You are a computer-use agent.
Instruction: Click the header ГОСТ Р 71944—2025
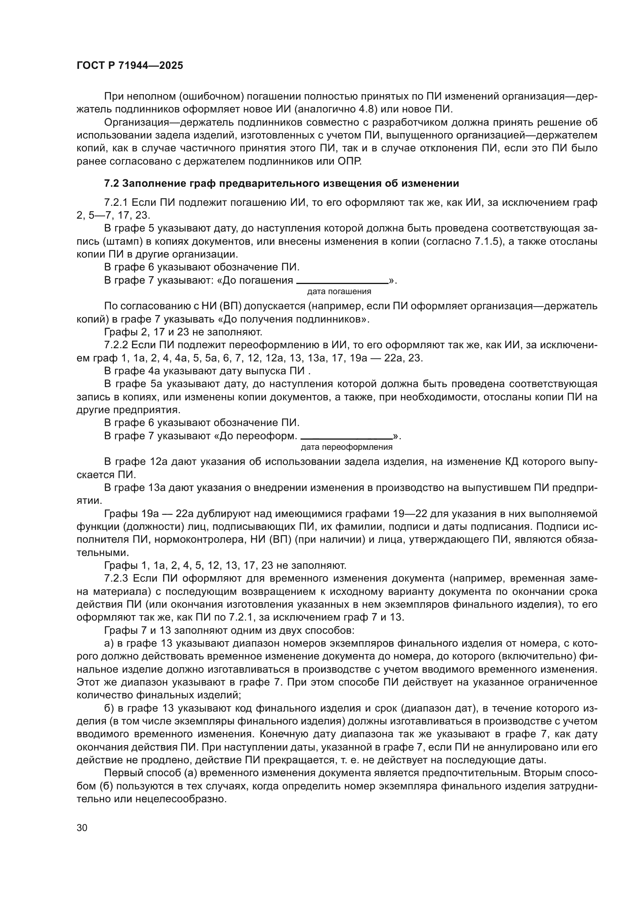130,66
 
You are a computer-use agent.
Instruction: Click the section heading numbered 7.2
282,184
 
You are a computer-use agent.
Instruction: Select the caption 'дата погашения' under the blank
339,292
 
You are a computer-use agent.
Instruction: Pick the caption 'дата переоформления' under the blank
347,447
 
